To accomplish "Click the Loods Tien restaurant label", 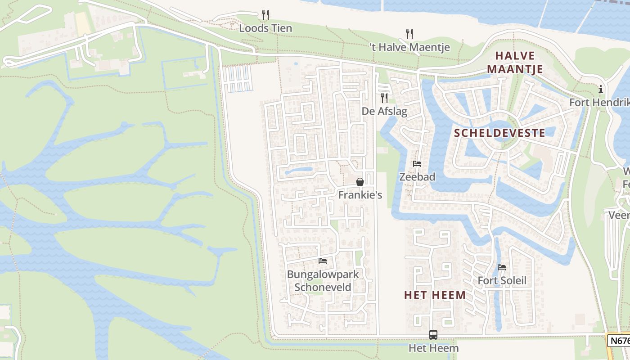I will (265, 28).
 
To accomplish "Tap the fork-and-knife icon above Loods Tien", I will (265, 15).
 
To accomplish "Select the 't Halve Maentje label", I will (409, 47).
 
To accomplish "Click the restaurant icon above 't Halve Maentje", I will (409, 33).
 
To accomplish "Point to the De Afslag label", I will (384, 111).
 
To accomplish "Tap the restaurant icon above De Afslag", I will (384, 98).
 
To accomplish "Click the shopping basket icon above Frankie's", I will (360, 182).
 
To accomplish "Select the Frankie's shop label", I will (360, 195).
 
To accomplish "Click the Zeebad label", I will (417, 177).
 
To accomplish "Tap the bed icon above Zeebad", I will (417, 164).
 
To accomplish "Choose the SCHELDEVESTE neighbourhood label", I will (499, 133).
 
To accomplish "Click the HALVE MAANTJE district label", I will (515, 63).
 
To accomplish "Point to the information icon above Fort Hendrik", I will (601, 90).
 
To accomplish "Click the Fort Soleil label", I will (502, 281).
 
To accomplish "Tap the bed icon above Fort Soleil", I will (502, 267).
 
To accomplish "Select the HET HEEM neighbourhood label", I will (435, 295).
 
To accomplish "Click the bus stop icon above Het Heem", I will (433, 335).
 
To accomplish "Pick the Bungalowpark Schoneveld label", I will (323, 281).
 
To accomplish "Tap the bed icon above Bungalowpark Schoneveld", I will (323, 261).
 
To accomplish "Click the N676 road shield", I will (619, 341).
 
